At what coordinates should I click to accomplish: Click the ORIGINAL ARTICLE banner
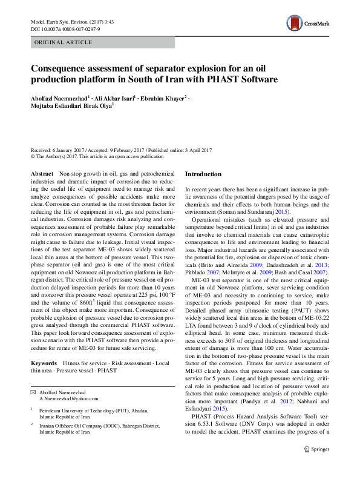(x=64, y=42)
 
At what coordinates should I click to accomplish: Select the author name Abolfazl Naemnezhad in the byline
(x=59, y=97)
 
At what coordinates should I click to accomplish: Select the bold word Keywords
(x=44, y=363)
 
